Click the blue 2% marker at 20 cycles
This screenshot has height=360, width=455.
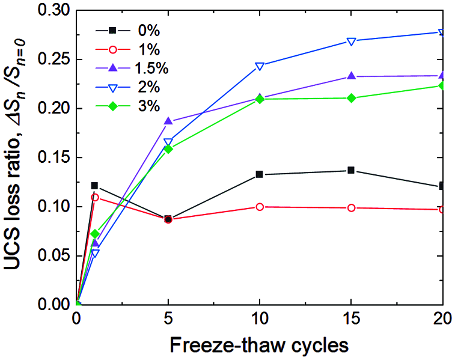(x=442, y=32)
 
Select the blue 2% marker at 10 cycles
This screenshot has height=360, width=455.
(x=260, y=66)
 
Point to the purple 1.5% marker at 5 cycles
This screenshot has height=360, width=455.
(x=168, y=121)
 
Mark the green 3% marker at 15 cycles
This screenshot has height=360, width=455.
(x=351, y=98)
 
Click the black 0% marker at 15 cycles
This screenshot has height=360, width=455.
(x=351, y=170)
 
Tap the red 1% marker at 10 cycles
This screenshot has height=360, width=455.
(x=260, y=207)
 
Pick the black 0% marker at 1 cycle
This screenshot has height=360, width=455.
(x=95, y=186)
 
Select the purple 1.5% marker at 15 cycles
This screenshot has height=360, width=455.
(x=351, y=76)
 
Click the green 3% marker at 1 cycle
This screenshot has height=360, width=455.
(x=95, y=234)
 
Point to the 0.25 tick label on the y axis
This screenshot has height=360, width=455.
(x=53, y=59)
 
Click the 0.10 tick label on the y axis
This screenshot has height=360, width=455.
(x=53, y=207)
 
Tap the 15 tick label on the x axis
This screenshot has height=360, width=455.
(x=351, y=318)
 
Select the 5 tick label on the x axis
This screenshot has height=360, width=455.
(x=168, y=318)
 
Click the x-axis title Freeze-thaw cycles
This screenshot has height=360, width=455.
(x=260, y=346)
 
